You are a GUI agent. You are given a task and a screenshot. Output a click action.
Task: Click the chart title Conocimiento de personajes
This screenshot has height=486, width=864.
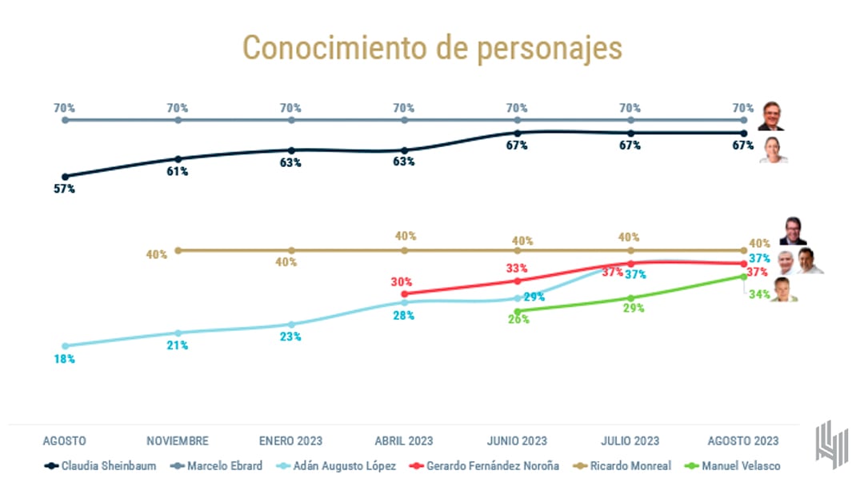(432, 48)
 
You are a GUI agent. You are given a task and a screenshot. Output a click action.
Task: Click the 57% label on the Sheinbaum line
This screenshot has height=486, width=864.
(65, 189)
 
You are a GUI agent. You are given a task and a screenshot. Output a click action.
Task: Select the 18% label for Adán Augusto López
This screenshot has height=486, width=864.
(65, 360)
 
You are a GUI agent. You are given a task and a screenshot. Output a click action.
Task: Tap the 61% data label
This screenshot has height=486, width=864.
(178, 172)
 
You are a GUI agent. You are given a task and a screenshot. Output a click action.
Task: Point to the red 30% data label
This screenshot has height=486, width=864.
(402, 281)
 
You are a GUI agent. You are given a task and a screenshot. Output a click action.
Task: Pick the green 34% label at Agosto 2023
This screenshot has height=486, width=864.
(759, 294)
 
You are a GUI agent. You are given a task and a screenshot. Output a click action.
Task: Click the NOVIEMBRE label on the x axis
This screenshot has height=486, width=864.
(178, 440)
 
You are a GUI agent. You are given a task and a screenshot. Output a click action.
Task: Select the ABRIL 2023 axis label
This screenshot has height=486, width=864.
(404, 440)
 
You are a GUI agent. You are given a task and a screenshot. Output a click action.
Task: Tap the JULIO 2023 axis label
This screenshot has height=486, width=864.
(630, 440)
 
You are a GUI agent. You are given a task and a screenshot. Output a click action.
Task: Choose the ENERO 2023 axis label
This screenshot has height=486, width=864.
(290, 440)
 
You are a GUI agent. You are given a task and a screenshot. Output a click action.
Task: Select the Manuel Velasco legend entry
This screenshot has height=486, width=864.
(733, 465)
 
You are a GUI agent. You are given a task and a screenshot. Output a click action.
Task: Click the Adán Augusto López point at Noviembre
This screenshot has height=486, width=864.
(178, 333)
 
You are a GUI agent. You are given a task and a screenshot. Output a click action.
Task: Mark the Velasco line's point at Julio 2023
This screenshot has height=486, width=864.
(630, 297)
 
